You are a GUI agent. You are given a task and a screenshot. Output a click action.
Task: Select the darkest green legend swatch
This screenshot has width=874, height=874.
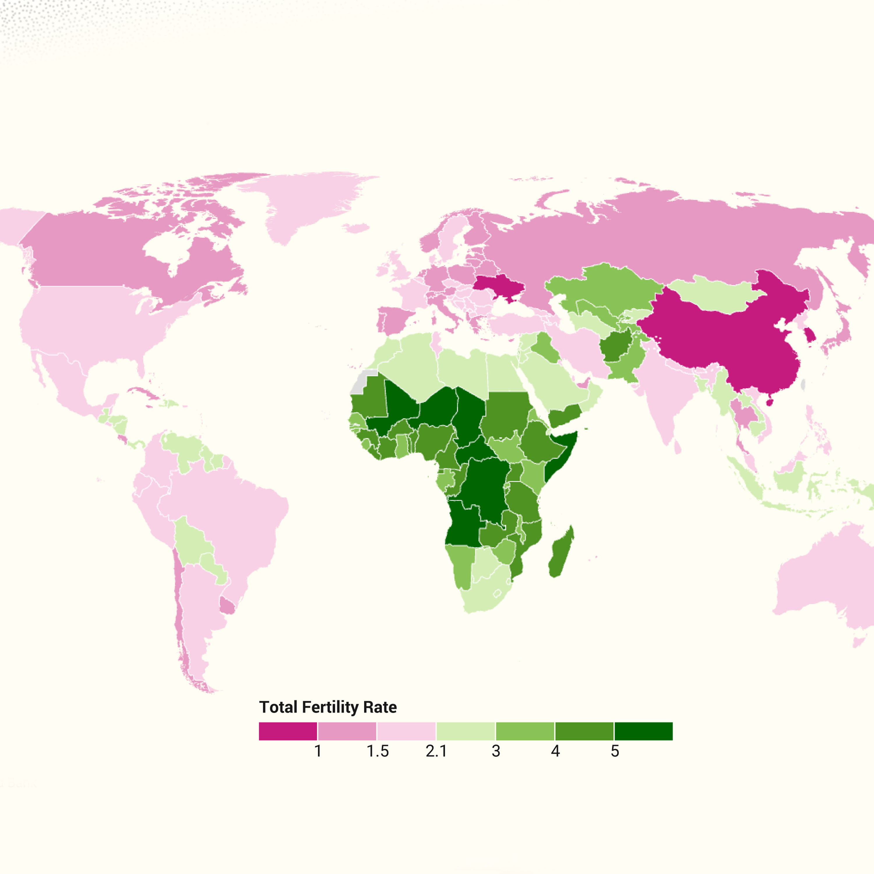(x=643, y=731)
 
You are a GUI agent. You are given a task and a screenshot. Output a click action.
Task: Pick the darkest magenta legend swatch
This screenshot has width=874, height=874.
(x=288, y=731)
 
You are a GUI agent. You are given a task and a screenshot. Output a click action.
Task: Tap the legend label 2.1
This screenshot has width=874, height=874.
(x=436, y=751)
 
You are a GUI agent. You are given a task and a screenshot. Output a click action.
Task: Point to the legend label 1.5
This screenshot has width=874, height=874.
(x=377, y=751)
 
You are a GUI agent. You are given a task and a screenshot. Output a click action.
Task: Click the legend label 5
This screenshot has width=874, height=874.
(x=615, y=751)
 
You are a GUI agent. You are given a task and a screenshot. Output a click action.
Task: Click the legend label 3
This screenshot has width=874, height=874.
(x=496, y=751)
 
